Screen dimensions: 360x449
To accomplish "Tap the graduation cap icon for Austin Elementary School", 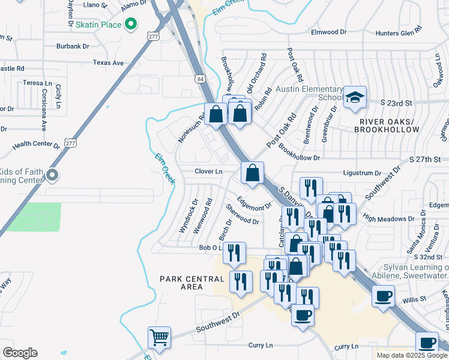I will [x=355, y=97].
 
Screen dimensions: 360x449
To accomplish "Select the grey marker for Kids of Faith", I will [x=52, y=175].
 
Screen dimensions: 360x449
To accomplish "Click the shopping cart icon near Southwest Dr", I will [x=159, y=338].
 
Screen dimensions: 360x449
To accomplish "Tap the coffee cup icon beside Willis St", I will [x=383, y=296].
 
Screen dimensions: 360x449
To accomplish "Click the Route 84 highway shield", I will [x=199, y=79].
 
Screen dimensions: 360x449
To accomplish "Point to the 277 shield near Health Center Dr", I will [x=70, y=143].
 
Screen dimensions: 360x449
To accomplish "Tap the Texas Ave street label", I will [x=108, y=62].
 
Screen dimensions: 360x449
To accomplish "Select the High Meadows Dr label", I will [x=385, y=219].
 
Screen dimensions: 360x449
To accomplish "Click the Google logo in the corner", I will [x=20, y=353].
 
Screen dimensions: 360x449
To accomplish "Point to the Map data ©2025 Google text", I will [x=411, y=355].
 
